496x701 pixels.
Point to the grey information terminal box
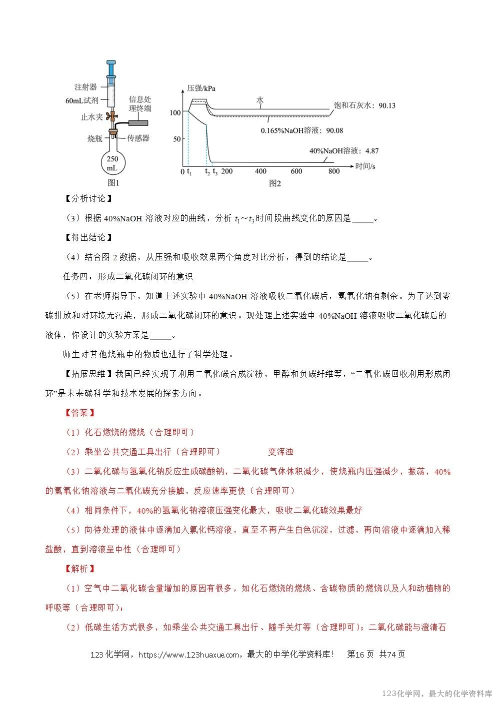pos(139,122)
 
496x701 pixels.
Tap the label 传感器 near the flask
pos(138,138)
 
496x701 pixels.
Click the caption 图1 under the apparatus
pos(112,183)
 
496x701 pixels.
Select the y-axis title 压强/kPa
pos(201,88)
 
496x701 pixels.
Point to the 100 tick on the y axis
pos(174,113)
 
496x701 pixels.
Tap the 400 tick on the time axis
pos(260,171)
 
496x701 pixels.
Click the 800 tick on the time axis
pos(333,171)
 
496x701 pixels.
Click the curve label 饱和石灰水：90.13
pos(364,105)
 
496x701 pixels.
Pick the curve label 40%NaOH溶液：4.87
pos(344,150)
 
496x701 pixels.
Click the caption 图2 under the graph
pos(275,183)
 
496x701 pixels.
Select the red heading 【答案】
pos(80,413)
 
